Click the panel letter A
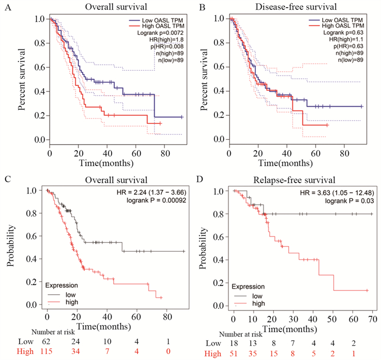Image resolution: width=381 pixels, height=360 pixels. pyautogui.click(x=6, y=7)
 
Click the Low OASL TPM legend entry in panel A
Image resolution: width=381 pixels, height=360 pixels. pyautogui.click(x=159, y=19)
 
